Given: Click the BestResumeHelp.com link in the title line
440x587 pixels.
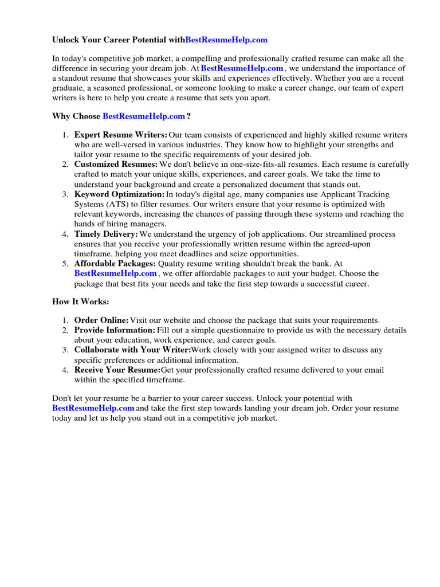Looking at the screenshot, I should tap(226, 40).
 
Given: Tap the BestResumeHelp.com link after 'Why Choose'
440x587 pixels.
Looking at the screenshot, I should tap(144, 116).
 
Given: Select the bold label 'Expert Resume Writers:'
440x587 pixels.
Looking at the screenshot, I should tap(121, 135).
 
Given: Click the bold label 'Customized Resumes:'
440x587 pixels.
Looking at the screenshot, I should tap(116, 165).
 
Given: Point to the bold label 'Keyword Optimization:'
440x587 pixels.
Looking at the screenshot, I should tap(119, 194).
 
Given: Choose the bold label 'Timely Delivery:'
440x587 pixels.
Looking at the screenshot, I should tap(106, 234).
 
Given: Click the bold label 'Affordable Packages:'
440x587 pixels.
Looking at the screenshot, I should tap(115, 264).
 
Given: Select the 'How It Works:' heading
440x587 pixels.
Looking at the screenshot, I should tap(80, 301).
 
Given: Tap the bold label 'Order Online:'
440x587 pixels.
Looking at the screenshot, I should tap(101, 320).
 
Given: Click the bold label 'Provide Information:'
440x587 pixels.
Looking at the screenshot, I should tap(115, 330).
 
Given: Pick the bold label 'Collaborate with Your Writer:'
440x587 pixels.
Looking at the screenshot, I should tap(132, 350).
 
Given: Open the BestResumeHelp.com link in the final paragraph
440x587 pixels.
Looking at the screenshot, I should tap(93, 408).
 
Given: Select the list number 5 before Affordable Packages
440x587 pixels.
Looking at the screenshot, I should tap(65, 264).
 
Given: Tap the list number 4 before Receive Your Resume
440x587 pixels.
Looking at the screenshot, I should tap(65, 370).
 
